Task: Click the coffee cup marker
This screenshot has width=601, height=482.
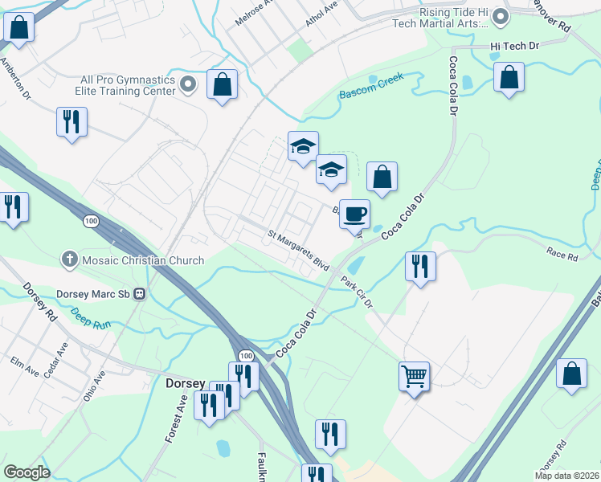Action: [x=354, y=214]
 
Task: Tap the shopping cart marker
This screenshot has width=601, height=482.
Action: [x=414, y=375]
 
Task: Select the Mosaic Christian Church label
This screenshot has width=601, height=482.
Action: [x=141, y=260]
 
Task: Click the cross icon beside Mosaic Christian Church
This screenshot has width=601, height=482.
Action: [x=70, y=259]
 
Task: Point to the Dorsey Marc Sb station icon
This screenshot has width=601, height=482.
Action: [x=140, y=293]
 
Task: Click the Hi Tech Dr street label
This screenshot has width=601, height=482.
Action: [x=514, y=47]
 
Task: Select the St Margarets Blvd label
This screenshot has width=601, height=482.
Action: [x=298, y=251]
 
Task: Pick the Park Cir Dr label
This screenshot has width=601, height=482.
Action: [x=357, y=292]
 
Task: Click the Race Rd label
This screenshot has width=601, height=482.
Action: [x=562, y=257]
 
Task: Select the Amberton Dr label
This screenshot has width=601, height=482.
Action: [x=15, y=77]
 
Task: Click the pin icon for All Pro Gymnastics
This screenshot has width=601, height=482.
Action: [x=189, y=84]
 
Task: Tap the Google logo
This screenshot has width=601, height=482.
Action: [x=27, y=472]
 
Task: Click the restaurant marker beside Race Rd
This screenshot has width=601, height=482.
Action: [x=419, y=266]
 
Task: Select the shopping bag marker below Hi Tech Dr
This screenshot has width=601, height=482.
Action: [x=509, y=77]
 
